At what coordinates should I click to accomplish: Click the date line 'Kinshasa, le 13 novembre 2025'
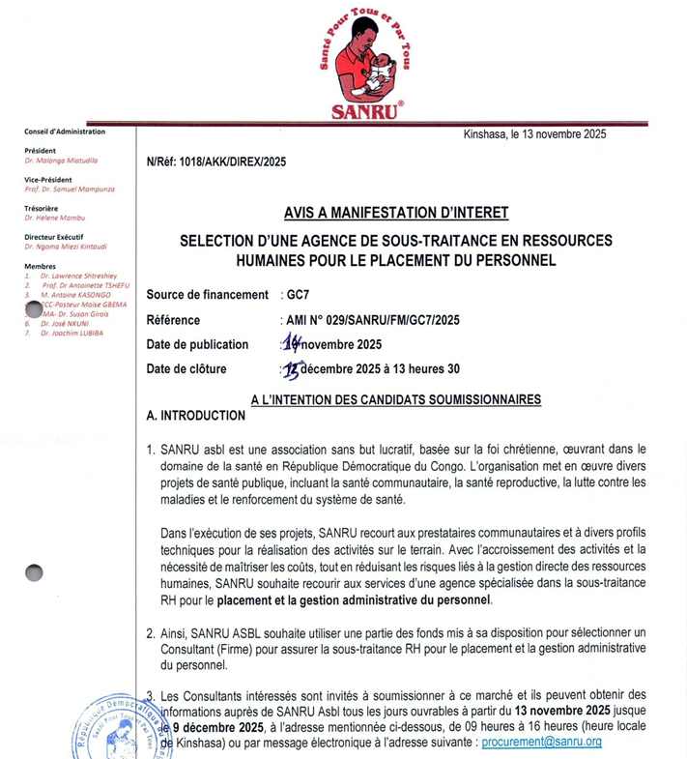coord(534,134)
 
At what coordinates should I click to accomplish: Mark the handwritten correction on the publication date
coord(287,342)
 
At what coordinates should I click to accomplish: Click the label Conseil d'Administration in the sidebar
coord(65,131)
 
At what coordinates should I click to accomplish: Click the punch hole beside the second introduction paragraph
coord(35,573)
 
